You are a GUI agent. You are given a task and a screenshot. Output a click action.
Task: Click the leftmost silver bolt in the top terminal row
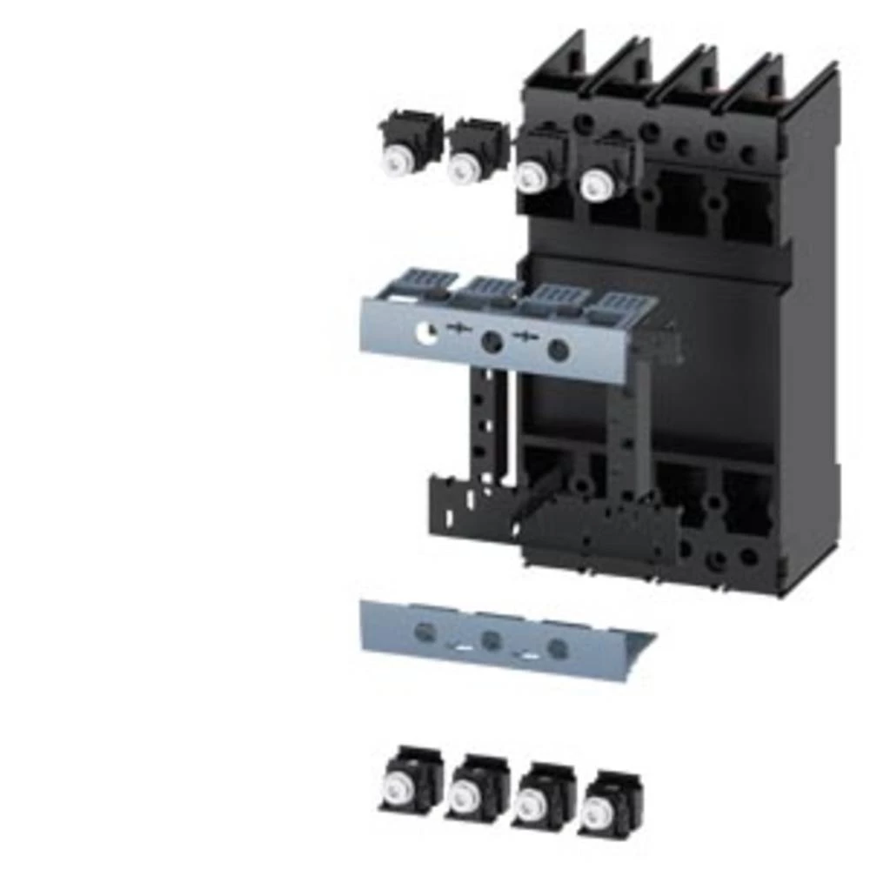click(x=398, y=160)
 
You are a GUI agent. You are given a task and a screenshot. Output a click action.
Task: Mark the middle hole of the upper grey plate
click(x=492, y=341)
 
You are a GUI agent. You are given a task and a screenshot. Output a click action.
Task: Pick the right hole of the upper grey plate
click(x=559, y=351)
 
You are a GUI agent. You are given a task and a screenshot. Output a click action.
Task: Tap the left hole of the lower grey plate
click(x=425, y=632)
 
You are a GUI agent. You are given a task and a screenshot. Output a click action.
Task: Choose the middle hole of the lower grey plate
click(x=492, y=640)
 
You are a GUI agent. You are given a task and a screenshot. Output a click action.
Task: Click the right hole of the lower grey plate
click(x=559, y=648)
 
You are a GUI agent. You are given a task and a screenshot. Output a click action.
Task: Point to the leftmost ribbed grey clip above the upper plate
click(x=423, y=284)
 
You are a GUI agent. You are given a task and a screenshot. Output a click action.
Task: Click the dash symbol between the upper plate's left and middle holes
click(x=458, y=329)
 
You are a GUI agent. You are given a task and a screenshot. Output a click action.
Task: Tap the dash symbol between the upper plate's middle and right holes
click(x=525, y=338)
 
